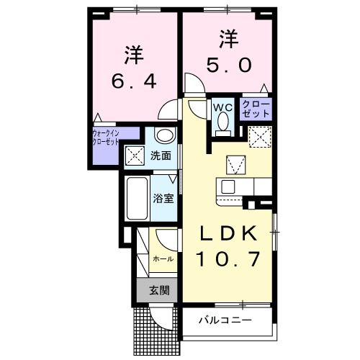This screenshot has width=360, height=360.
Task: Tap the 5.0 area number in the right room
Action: pos(229,65)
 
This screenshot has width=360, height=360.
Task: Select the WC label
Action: pos(222,107)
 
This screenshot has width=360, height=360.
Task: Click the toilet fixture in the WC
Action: pos(222,123)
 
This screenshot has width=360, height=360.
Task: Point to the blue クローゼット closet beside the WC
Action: pos(256,109)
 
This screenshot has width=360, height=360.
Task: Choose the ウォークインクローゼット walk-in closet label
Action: pos(107,138)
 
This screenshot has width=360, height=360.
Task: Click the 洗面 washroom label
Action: pos(161,155)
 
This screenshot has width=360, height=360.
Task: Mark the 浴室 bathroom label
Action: pos(162,199)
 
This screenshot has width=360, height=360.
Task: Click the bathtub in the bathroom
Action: pos(137,199)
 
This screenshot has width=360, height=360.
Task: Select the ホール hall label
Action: pos(161,258)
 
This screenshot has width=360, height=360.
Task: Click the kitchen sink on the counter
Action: pos(228,187)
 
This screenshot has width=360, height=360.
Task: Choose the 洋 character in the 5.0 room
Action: pos(229,37)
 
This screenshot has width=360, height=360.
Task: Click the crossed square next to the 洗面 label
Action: pos(135,155)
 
